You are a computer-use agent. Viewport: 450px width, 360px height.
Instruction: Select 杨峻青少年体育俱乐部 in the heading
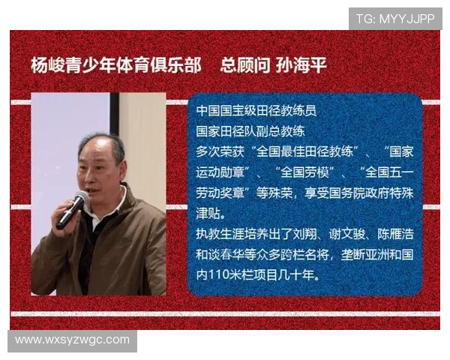[115, 65]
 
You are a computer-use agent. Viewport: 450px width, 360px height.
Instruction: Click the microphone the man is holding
[72, 209]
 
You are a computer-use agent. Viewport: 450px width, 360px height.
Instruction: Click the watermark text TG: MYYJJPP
[394, 18]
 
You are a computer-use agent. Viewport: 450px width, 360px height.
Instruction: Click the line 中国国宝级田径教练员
[256, 110]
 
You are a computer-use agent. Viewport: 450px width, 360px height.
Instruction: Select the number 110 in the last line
[219, 275]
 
